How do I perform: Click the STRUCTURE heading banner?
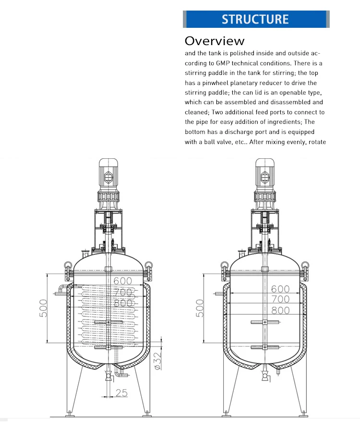coord(255,19)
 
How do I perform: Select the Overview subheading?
coord(215,40)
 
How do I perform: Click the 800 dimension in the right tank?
coord(281,310)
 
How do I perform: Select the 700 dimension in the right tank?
coord(281,299)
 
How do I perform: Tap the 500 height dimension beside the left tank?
coord(44,309)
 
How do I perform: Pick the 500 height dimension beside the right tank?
coord(200,309)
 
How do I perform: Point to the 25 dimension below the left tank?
coord(121,393)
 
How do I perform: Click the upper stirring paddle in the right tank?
coord(264,322)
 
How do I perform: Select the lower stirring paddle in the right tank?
coord(264,346)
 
